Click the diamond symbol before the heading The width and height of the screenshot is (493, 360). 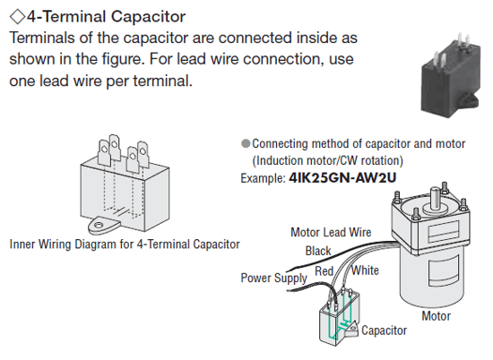click(17, 16)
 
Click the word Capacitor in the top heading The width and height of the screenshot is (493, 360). click(148, 17)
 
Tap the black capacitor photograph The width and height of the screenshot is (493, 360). click(451, 75)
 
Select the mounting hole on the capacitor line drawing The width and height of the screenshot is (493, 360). click(99, 225)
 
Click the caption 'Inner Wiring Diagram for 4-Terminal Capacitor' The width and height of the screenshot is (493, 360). click(125, 244)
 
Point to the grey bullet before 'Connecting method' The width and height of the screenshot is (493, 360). click(246, 143)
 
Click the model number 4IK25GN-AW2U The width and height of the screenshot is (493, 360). click(342, 178)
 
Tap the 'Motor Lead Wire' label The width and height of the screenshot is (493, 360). click(331, 233)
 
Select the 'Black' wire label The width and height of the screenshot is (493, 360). click(318, 251)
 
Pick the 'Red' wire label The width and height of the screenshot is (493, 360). click(324, 270)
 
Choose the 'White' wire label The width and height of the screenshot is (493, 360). click(365, 270)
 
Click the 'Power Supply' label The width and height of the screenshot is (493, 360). click(273, 279)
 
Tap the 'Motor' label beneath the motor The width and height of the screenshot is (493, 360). click(437, 316)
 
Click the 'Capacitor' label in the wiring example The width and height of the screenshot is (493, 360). click(384, 330)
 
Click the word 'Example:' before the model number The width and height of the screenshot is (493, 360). click(263, 178)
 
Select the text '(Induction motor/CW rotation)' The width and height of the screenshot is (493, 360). click(327, 161)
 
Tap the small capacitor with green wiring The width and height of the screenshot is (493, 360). click(339, 318)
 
